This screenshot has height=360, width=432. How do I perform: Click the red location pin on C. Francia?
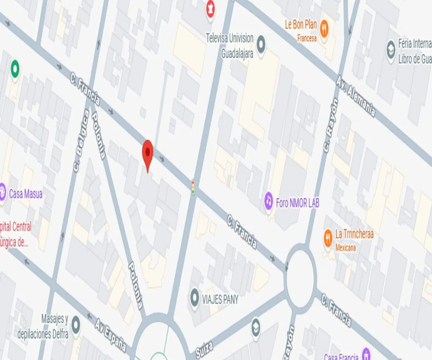pyautogui.click(x=148, y=153)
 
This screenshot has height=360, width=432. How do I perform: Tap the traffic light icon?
pyautogui.click(x=193, y=187)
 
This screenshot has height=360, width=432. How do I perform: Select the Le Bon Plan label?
pyautogui.click(x=301, y=24)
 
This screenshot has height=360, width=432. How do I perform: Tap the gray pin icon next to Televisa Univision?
pyautogui.click(x=261, y=45)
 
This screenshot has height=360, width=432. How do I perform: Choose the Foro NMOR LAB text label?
pyautogui.click(x=297, y=203)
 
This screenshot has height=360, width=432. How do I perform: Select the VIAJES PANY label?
pyautogui.click(x=220, y=300)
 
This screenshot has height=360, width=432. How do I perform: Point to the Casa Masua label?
pyautogui.click(x=26, y=194)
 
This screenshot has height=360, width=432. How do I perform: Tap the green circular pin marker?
pyautogui.click(x=15, y=68)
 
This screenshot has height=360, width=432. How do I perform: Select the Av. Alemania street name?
pyautogui.click(x=356, y=96)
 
